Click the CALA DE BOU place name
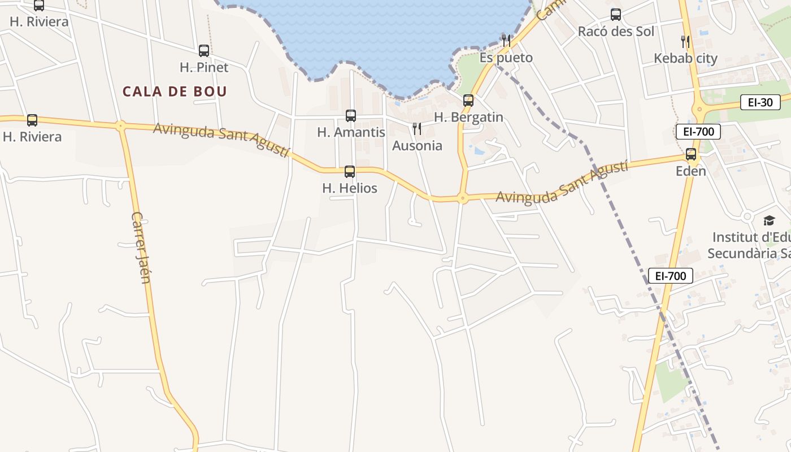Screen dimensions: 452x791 175,92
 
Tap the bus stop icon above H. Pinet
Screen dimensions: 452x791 204,51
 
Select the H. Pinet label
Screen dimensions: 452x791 204,67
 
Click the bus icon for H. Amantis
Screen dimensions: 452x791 351,116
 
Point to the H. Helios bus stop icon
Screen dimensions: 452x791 350,172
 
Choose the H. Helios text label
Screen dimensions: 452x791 350,188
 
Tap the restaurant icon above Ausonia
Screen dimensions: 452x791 417,129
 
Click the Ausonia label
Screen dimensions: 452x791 417,146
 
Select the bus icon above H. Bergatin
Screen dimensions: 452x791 468,101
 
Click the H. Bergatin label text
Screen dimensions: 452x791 468,118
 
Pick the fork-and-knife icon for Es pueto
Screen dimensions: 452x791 506,40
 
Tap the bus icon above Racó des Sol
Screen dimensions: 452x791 616,15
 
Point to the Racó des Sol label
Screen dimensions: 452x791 616,31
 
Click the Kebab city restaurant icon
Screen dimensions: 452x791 685,41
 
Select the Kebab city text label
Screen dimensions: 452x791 685,58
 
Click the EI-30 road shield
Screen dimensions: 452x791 760,102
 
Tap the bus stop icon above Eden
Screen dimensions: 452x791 691,154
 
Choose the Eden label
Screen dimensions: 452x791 691,171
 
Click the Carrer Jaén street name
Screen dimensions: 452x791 141,247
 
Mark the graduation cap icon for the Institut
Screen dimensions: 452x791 769,220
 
